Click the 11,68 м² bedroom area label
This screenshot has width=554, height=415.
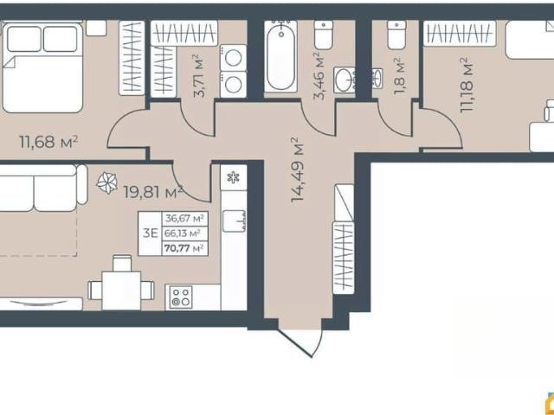pos(48,142)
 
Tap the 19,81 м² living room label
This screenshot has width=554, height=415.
pos(153,192)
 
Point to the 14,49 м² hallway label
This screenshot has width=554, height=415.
pos(298,169)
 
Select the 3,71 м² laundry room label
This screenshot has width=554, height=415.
pos(199,75)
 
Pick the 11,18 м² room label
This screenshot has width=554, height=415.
pos(467,85)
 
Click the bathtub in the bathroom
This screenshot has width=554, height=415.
pos(280,56)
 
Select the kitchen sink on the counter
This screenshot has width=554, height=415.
pos(235,221)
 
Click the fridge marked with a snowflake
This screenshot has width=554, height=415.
pos(233,177)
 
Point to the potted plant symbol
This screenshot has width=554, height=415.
pos(107,182)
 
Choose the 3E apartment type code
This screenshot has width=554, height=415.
pos(150,233)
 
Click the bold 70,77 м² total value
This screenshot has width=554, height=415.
pos(184,248)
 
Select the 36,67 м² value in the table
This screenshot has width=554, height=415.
pos(184,219)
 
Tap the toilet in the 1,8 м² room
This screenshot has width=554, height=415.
pos(396,35)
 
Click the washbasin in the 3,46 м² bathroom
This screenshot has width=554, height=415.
pos(344,80)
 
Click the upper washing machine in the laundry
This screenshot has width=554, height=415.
pos(233,58)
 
